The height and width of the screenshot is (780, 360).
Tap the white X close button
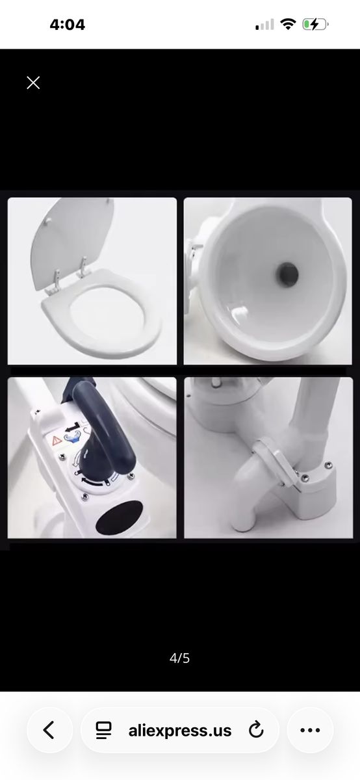point(33,83)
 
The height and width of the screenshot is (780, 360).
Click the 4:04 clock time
point(67,25)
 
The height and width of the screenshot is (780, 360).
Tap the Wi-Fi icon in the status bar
point(288,25)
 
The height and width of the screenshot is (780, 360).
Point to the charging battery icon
point(315,25)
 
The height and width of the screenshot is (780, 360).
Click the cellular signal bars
point(264,25)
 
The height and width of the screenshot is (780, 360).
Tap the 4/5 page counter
point(179,658)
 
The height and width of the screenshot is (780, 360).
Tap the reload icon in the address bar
point(256,730)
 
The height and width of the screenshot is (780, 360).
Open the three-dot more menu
point(310,730)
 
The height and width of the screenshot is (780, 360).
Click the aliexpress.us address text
point(179,730)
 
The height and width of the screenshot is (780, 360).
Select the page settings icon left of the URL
point(103,730)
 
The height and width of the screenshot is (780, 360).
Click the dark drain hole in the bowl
point(288,273)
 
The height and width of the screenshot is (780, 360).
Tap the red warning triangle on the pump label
point(56,441)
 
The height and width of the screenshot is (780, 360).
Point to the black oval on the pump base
point(120,518)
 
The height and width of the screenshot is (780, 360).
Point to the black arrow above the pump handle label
point(74,426)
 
